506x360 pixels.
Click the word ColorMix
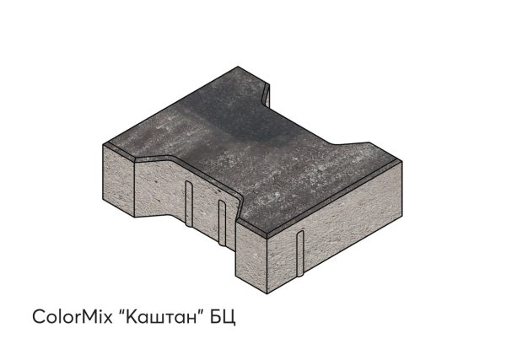(x=73, y=316)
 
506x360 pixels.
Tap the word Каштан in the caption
(x=161, y=316)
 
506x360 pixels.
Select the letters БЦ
(x=223, y=317)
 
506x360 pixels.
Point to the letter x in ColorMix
(x=108, y=319)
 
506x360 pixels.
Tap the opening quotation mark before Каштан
(x=121, y=311)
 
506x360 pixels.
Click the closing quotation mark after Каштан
(x=202, y=311)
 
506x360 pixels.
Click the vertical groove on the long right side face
(x=300, y=254)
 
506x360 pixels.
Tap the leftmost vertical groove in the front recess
(x=189, y=203)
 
